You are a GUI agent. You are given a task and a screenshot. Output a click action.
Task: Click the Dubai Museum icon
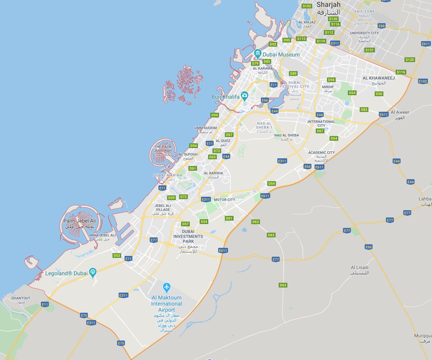(x=258, y=54)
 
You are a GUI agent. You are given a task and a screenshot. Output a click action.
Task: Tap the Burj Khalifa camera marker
(x=244, y=96)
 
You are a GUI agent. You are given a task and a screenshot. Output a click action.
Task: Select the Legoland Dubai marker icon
(x=93, y=273)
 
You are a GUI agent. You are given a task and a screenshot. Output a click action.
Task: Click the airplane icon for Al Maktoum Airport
(x=166, y=288)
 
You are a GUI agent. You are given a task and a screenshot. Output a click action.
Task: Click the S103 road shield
(x=307, y=6)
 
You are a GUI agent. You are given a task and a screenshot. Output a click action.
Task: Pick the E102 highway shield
(x=423, y=81)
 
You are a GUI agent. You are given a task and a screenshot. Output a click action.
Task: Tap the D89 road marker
(x=293, y=73)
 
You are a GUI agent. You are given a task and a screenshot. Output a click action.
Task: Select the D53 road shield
(x=117, y=255)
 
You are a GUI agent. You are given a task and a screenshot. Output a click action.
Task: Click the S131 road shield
(x=370, y=50)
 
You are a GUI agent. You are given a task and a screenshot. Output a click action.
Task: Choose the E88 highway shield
(x=382, y=26)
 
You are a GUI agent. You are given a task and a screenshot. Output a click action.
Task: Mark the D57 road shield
(x=185, y=224)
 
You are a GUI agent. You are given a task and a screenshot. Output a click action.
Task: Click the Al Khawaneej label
(x=379, y=78)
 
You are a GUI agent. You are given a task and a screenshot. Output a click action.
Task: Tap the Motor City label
(x=224, y=200)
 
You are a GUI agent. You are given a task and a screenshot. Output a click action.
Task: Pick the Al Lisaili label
(x=359, y=267)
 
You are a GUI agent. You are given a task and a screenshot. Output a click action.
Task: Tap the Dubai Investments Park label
(x=188, y=236)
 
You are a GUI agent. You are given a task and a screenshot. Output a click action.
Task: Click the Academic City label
(x=321, y=153)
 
